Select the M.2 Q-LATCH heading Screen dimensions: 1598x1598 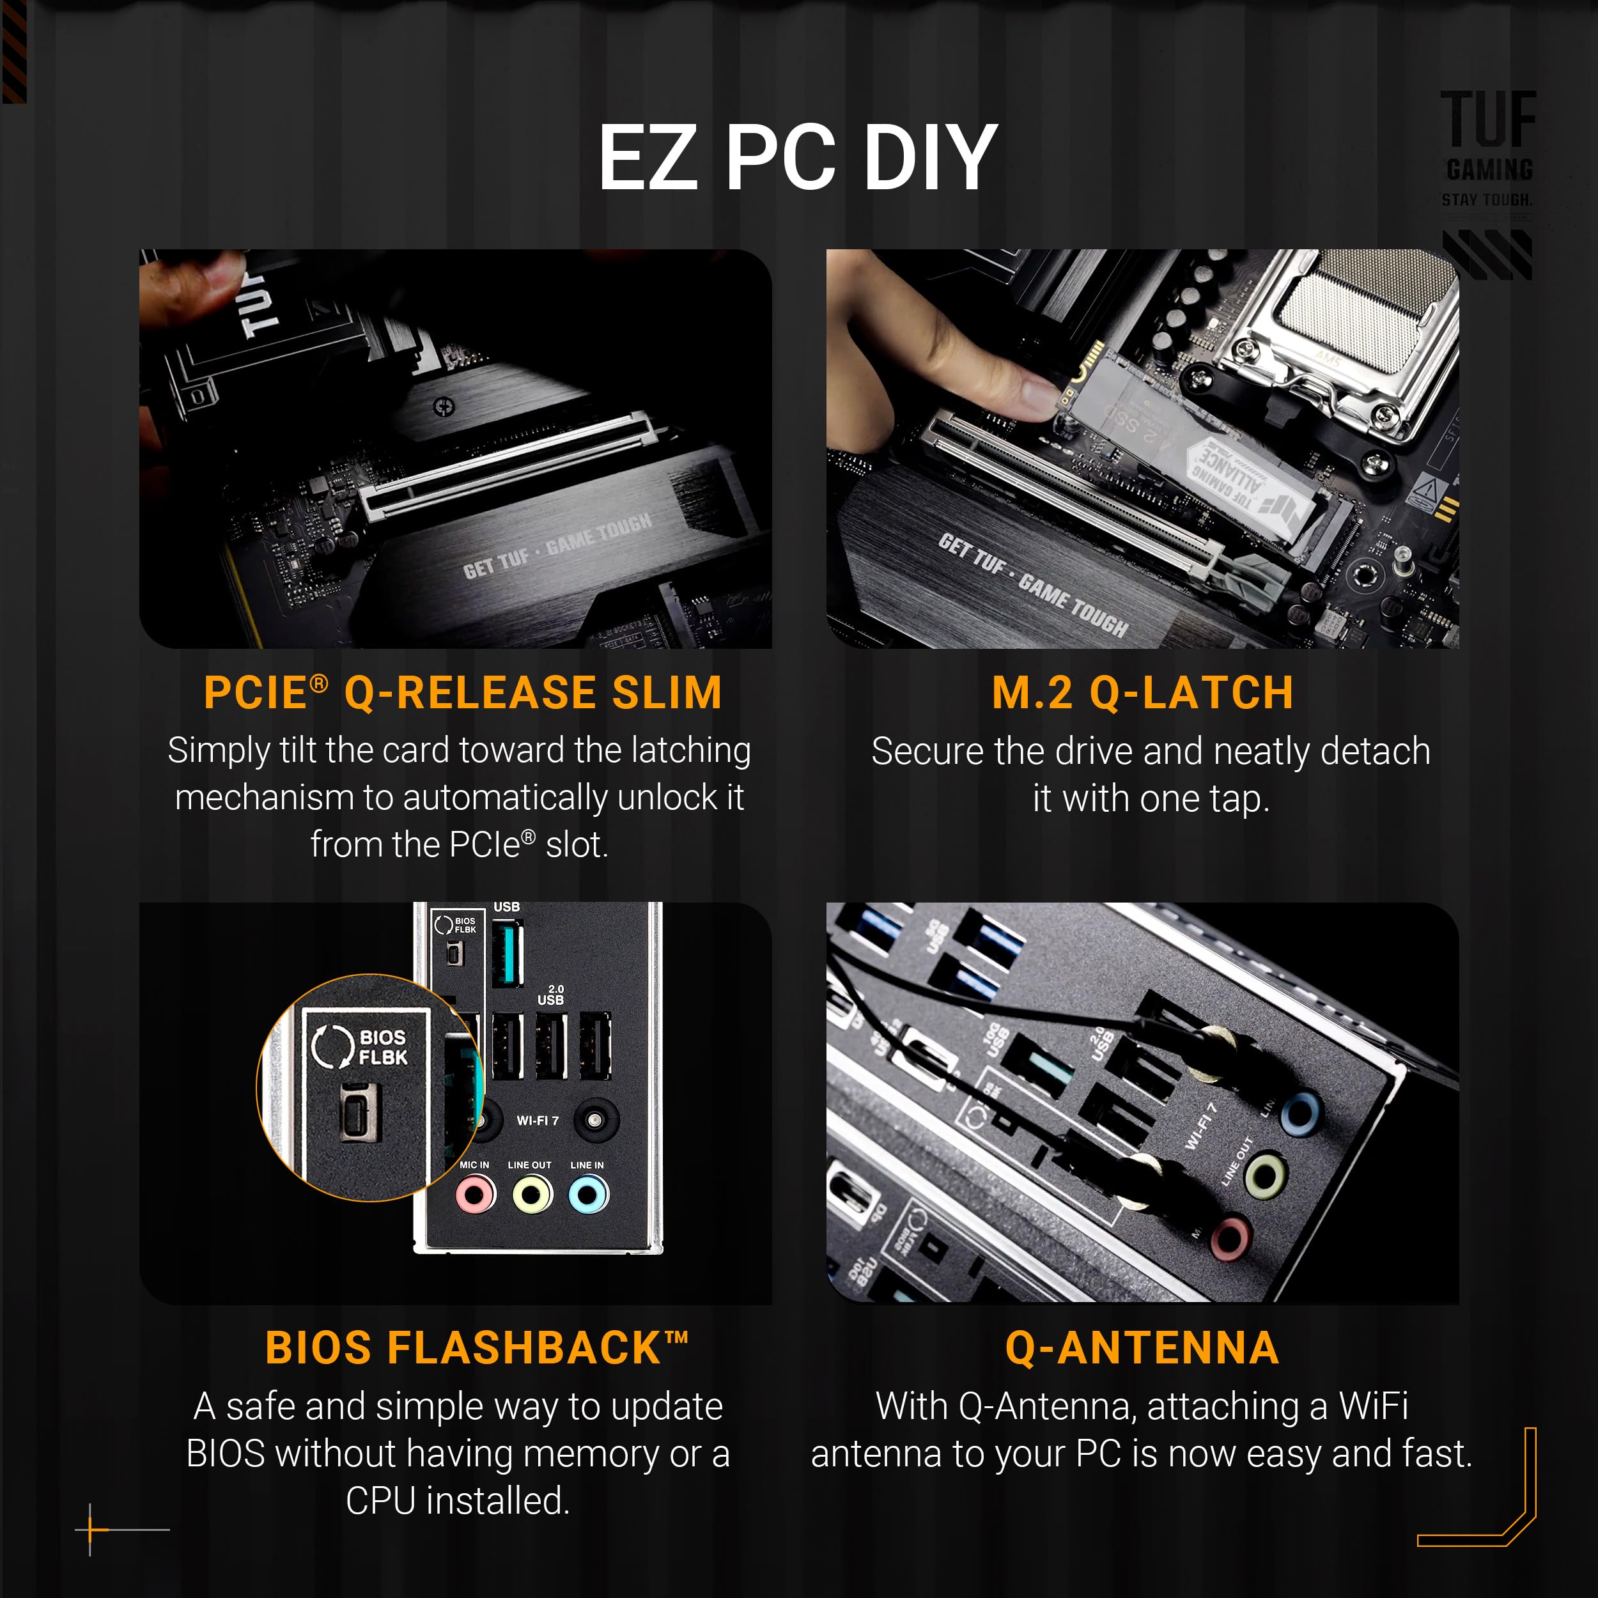tap(1142, 693)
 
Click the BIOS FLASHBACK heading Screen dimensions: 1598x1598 tap(476, 1347)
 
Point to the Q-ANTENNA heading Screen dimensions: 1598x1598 tap(1142, 1347)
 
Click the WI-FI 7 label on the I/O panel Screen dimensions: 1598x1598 tap(538, 1121)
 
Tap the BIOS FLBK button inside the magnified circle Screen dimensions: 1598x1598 tap(361, 1112)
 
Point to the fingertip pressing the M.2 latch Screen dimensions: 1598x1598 tap(1034, 389)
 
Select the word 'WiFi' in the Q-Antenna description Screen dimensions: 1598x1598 tap(1373, 1406)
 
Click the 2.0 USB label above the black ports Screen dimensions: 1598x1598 tap(551, 995)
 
